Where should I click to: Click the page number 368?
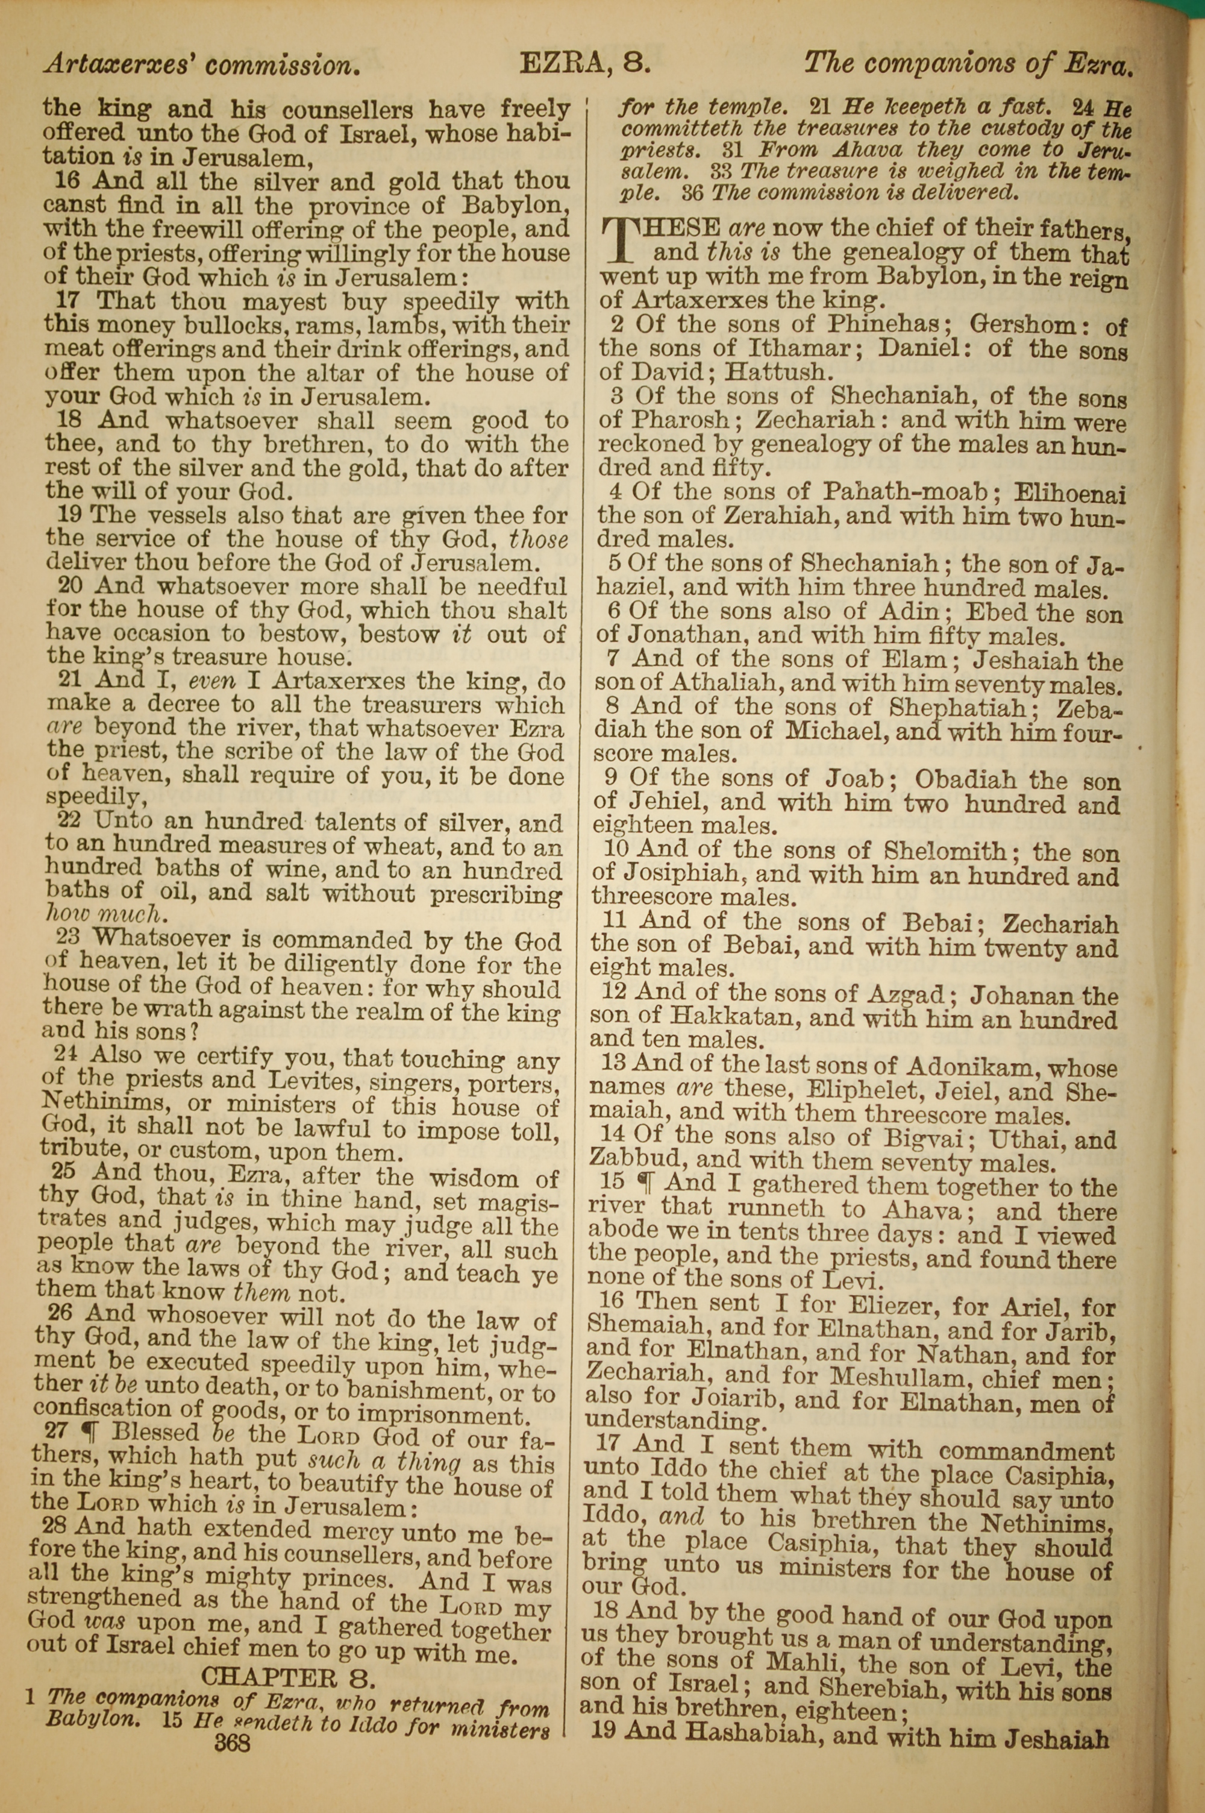(x=234, y=1720)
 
